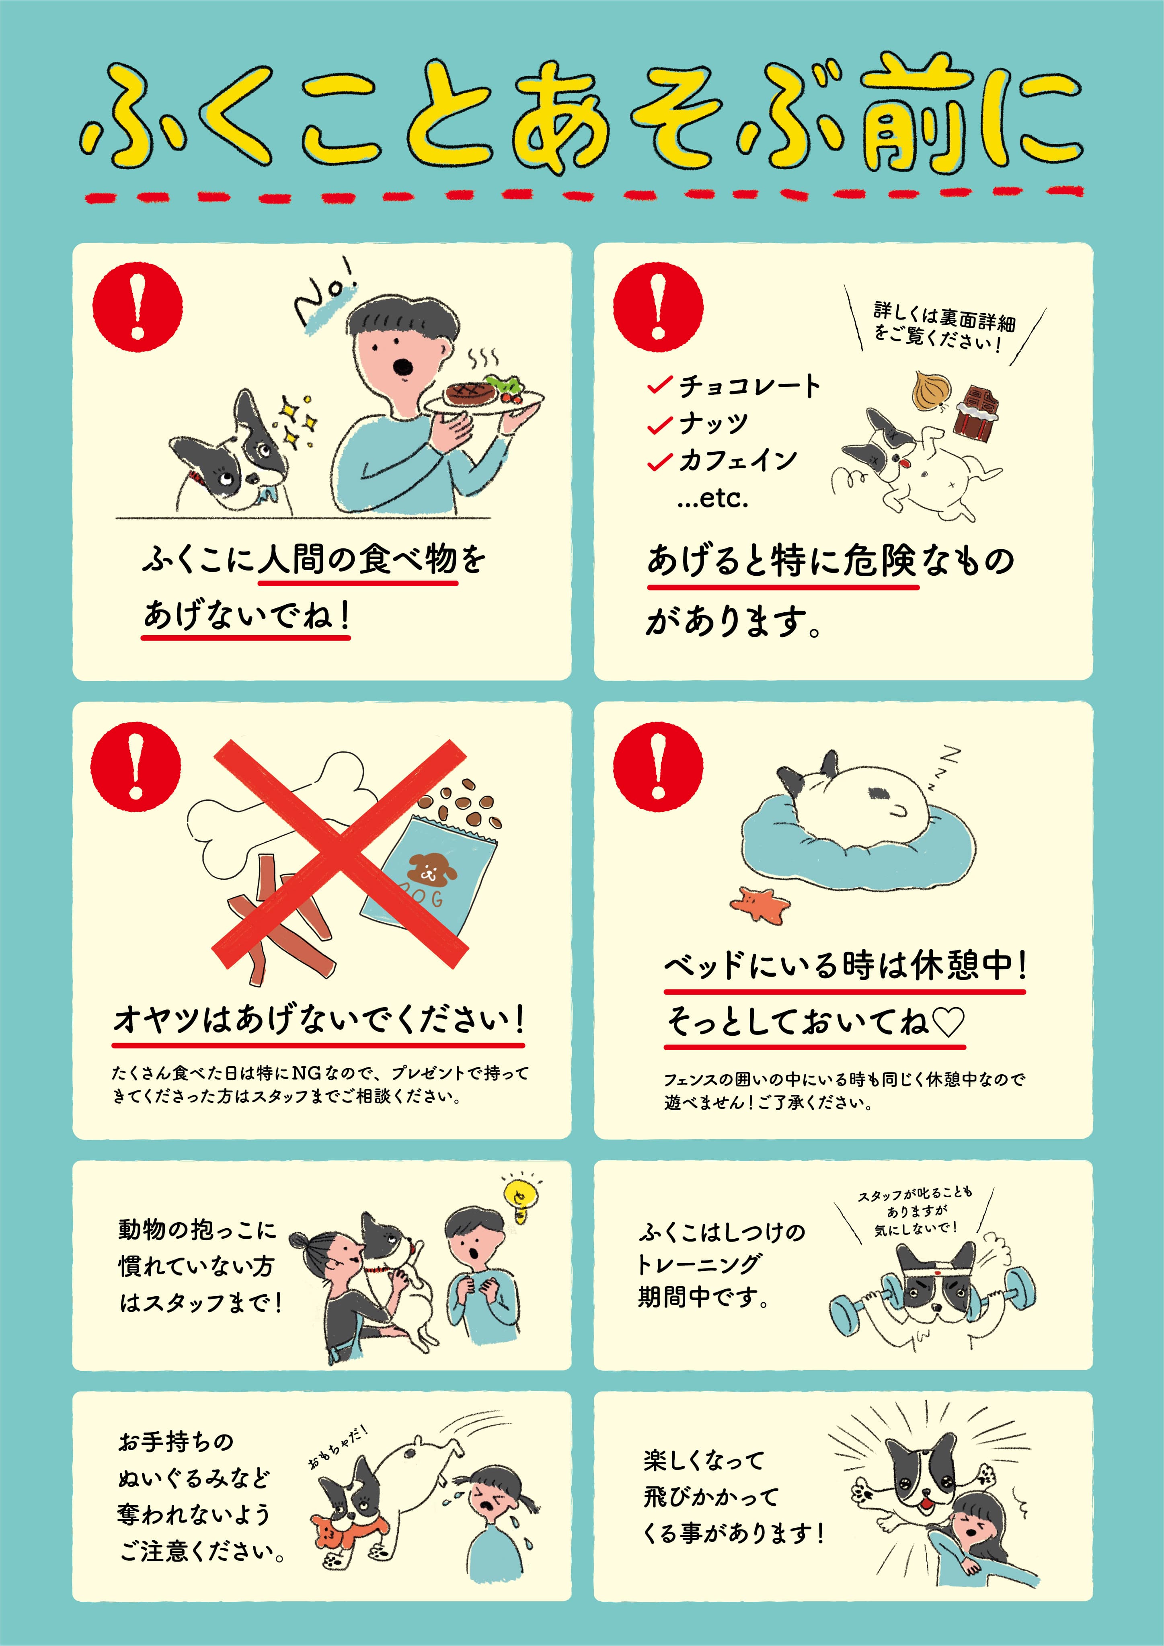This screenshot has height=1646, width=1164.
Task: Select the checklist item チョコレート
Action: (x=749, y=386)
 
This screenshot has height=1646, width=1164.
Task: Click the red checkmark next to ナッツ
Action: (x=659, y=425)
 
